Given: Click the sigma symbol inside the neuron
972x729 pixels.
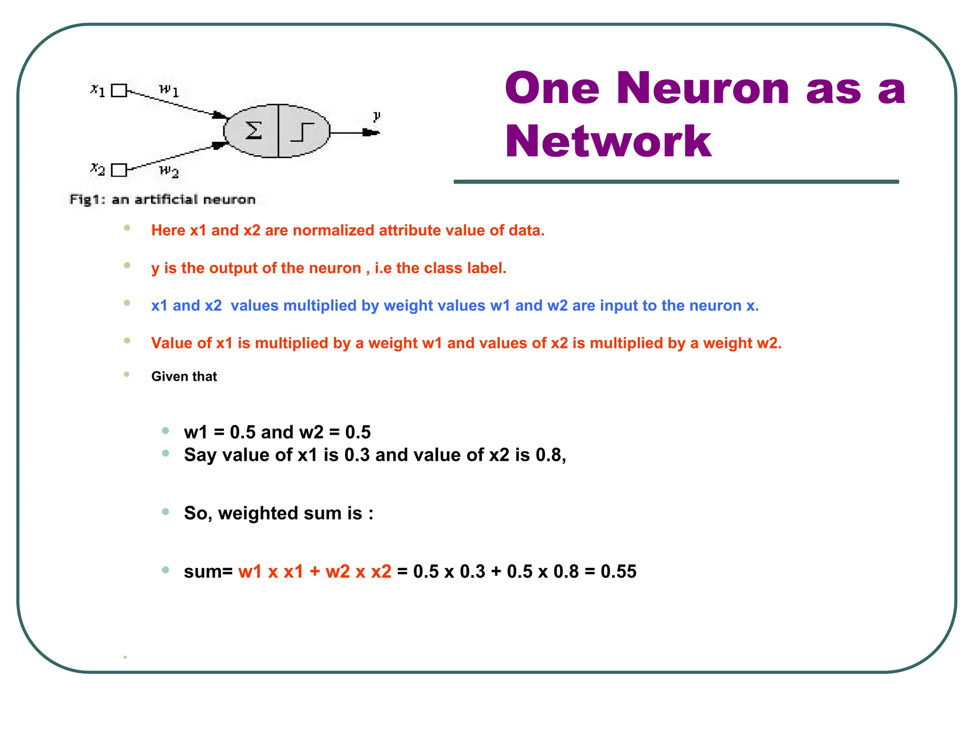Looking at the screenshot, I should pos(253,131).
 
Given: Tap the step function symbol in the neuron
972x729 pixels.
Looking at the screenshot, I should pos(303,132).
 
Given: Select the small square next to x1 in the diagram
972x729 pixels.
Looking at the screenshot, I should pos(119,90).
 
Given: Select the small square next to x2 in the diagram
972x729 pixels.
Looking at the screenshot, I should pos(119,170).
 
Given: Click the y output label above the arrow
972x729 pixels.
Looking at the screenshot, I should pos(376,116).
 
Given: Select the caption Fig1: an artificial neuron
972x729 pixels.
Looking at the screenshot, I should pos(162,199).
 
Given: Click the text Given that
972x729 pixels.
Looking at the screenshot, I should pos(184,376).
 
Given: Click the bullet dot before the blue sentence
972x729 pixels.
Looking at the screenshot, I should pos(127,303).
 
